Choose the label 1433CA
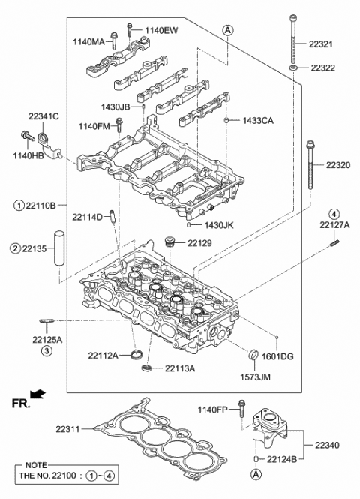point(259,120)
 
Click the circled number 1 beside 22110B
point(16,205)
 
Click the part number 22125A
point(47,340)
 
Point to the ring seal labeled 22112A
point(136,354)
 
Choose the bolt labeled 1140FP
point(241,407)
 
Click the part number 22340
point(326,446)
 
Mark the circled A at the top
point(227,29)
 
